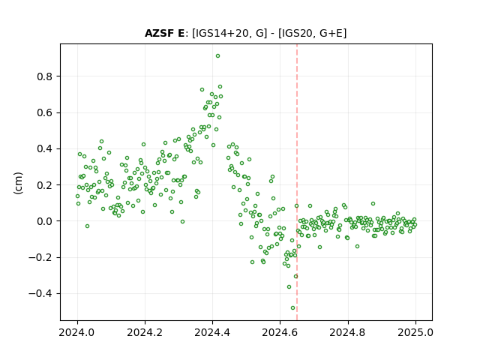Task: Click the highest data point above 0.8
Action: click(x=217, y=56)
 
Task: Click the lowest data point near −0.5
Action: click(x=293, y=308)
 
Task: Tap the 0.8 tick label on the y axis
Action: click(x=45, y=76)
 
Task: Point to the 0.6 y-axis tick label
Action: click(x=45, y=112)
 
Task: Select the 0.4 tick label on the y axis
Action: click(x=45, y=148)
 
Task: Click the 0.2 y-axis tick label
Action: click(x=45, y=185)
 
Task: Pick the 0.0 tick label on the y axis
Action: click(x=45, y=221)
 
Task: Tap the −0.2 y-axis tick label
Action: click(x=40, y=257)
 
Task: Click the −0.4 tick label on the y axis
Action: click(x=40, y=293)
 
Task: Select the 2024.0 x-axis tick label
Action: click(x=77, y=332)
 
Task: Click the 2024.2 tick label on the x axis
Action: click(x=145, y=332)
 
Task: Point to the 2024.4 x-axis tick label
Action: click(x=212, y=332)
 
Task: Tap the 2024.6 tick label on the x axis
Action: click(x=280, y=332)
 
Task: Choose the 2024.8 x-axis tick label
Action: click(x=347, y=332)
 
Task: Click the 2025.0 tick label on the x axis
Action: click(x=415, y=332)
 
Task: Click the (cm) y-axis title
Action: click(x=18, y=183)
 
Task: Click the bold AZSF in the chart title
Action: click(x=160, y=33)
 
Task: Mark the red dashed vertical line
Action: click(x=297, y=182)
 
